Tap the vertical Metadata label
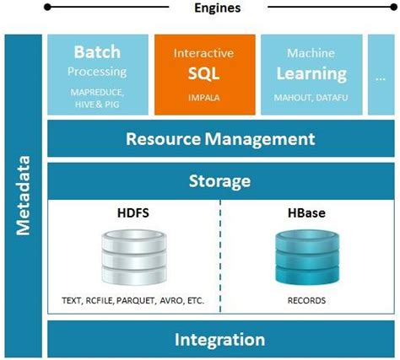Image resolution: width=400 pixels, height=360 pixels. click(24, 195)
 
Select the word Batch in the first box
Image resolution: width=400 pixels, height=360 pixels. click(97, 52)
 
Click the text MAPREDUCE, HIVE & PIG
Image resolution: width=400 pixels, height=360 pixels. click(97, 99)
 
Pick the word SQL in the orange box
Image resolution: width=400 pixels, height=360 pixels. click(203, 73)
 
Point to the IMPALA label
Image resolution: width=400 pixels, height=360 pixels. click(203, 98)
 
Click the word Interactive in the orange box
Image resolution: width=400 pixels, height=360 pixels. click(203, 53)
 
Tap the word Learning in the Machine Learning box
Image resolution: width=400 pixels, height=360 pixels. click(310, 73)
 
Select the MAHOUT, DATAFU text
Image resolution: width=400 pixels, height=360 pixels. click(310, 98)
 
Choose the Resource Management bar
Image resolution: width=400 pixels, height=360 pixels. click(219, 139)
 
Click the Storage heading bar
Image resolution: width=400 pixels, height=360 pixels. click(219, 181)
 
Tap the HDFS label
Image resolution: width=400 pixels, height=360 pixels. click(133, 212)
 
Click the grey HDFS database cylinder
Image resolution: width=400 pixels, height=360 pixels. click(132, 256)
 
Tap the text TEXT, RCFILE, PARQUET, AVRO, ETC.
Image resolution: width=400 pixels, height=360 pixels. click(132, 301)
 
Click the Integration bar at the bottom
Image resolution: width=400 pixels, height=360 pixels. click(219, 340)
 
